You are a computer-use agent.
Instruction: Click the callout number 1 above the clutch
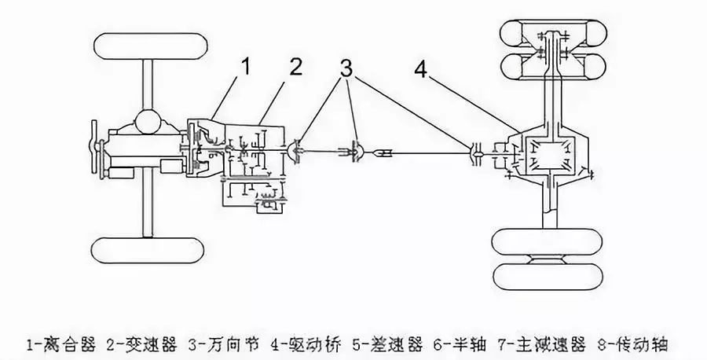[245, 68]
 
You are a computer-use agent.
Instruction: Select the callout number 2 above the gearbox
[295, 68]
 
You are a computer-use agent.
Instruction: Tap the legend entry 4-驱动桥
[300, 343]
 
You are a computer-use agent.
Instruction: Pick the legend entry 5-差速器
[380, 343]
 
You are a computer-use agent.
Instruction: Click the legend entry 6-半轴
[452, 343]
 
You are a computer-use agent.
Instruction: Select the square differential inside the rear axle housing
[555, 152]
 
